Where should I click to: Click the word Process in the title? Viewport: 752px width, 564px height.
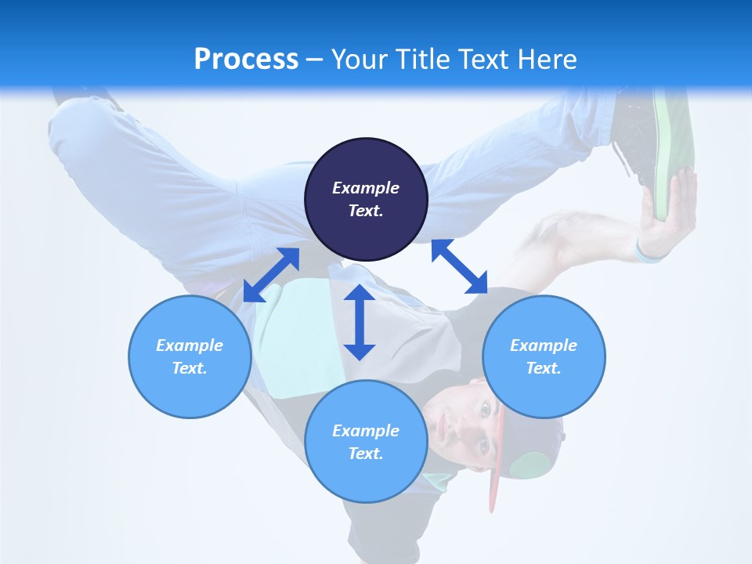pyautogui.click(x=246, y=59)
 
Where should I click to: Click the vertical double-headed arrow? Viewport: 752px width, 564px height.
pyautogui.click(x=360, y=322)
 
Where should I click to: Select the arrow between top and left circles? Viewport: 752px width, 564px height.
pyautogui.click(x=271, y=274)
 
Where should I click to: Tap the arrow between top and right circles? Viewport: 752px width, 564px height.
pyautogui.click(x=459, y=266)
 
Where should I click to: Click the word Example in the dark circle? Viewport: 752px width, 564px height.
pyautogui.click(x=366, y=188)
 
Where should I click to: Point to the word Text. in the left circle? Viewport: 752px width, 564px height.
pyautogui.click(x=190, y=368)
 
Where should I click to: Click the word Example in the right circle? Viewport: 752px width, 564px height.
pyautogui.click(x=544, y=345)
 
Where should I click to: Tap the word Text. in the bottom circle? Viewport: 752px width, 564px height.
pyautogui.click(x=366, y=454)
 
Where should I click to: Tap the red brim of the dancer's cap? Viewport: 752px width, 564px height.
pyautogui.click(x=496, y=462)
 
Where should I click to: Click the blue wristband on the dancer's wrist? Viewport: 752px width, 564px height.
pyautogui.click(x=648, y=253)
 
